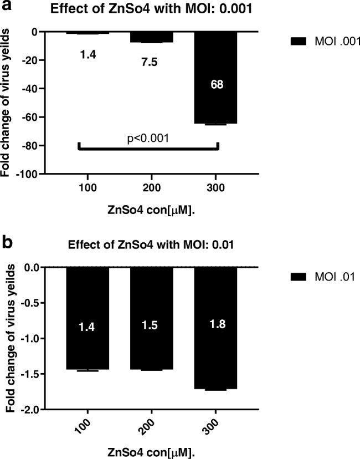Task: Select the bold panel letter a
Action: [7, 7]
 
